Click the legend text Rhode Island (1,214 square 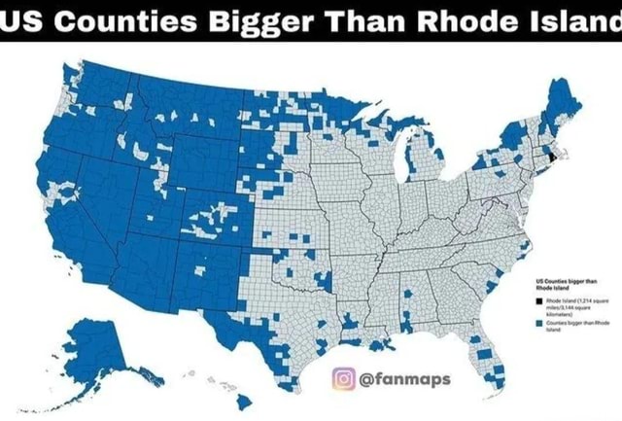click(576, 302)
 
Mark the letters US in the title click(17, 20)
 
